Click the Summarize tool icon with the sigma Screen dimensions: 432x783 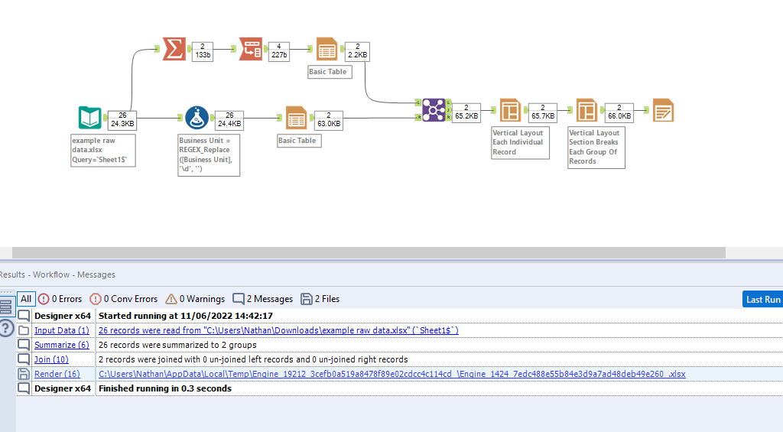174,49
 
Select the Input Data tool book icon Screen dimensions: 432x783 89,118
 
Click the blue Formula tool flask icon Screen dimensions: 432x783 197,118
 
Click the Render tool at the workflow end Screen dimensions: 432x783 662,111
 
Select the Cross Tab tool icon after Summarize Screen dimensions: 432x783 250,49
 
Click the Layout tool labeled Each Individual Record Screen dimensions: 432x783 510,111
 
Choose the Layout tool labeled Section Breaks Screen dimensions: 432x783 586,111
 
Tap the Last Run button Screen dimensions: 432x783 762,299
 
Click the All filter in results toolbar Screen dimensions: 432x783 26,299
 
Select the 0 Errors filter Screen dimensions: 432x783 60,299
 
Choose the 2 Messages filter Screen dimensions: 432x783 263,299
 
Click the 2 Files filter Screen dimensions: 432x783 320,299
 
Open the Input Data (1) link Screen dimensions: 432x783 62,330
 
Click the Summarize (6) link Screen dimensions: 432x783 62,345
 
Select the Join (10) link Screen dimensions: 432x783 51,359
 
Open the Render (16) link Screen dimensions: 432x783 57,374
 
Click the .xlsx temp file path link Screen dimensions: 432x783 391,374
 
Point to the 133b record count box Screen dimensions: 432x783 203,50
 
